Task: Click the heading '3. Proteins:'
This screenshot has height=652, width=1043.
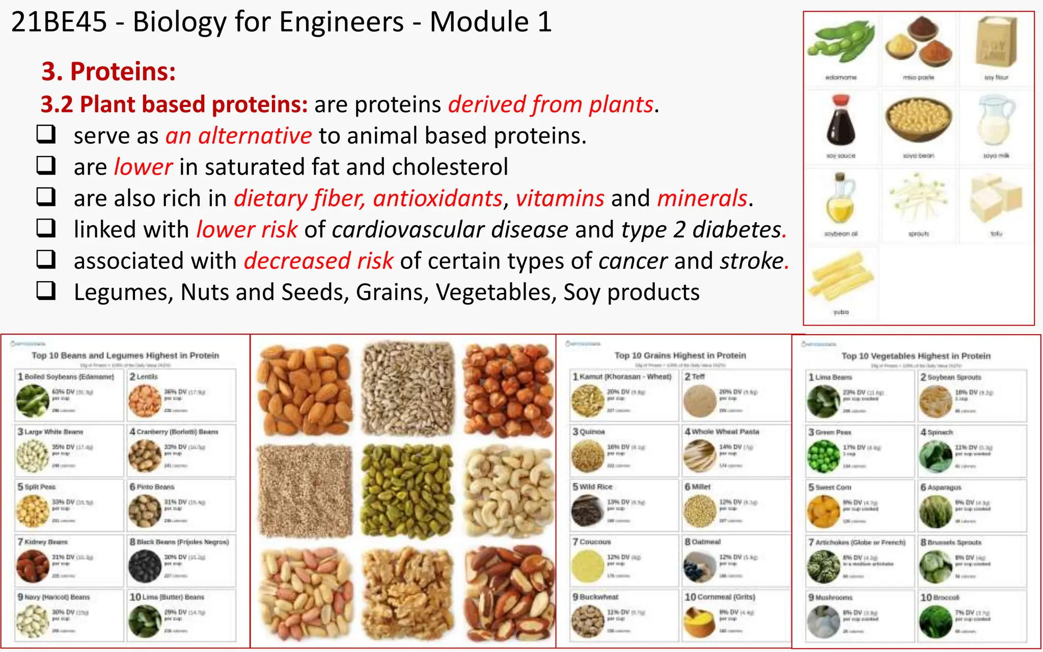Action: [108, 71]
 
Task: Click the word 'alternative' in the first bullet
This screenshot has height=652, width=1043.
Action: [255, 136]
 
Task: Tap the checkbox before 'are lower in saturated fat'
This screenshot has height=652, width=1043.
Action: [46, 166]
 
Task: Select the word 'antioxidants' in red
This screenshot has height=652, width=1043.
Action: [437, 198]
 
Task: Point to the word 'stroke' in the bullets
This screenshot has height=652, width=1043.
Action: [751, 261]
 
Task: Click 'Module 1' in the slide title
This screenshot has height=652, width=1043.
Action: [490, 22]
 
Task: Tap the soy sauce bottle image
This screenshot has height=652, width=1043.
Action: [841, 122]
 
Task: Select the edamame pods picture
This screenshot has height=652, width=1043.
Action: [841, 43]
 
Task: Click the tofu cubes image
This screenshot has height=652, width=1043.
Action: [996, 199]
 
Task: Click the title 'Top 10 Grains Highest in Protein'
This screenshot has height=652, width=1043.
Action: [680, 356]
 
